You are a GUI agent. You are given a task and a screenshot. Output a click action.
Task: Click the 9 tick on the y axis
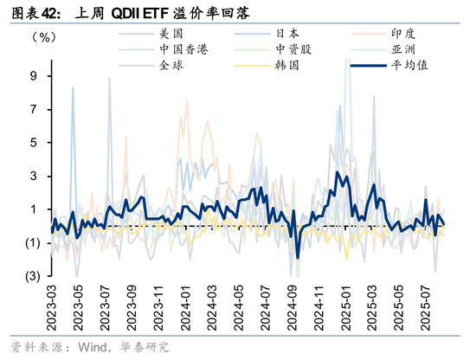[x=35, y=75]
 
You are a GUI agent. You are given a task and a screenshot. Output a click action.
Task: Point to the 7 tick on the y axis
[x=35, y=109]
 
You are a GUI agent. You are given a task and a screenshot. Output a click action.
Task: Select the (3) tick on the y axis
[x=30, y=276]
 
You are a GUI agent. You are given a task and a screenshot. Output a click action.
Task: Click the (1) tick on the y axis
[x=30, y=243]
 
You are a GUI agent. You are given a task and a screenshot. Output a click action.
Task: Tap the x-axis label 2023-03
[x=52, y=305]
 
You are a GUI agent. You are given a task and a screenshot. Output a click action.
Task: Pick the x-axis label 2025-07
[x=427, y=305]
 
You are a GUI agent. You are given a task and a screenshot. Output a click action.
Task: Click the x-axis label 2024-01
[x=184, y=305]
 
